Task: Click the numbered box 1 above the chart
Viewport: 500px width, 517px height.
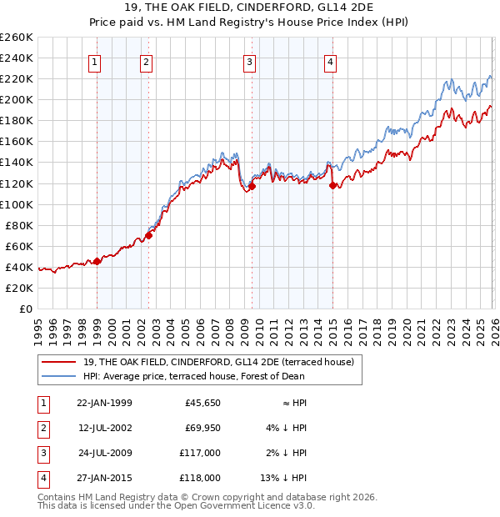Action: pos(94,62)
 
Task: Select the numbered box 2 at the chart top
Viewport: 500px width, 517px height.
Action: pos(146,62)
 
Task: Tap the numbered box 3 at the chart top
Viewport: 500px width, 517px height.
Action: pos(249,62)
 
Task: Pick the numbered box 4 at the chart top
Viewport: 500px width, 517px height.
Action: pos(330,62)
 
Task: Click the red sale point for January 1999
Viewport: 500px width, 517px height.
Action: pos(97,261)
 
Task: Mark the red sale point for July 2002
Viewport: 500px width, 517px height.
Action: pos(148,235)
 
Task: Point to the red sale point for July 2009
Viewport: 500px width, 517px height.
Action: pos(252,186)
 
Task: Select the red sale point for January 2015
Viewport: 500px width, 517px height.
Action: pos(333,185)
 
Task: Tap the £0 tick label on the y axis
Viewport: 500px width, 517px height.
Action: pos(24,309)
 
